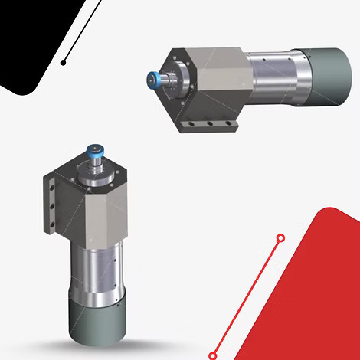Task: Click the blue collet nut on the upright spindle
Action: tap(97, 149)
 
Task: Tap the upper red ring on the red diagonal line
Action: tap(280, 238)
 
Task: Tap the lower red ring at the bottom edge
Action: tap(213, 355)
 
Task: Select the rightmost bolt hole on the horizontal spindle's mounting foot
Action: tap(227, 125)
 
